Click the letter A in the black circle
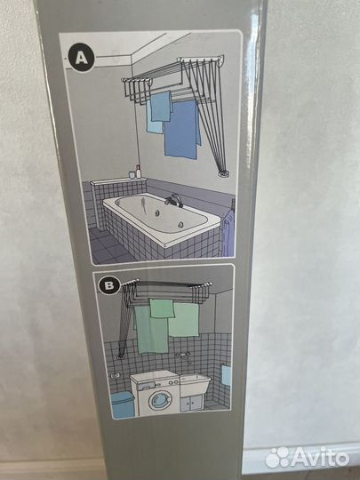point(82,57)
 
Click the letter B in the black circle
point(109,285)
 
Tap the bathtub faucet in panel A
point(173,199)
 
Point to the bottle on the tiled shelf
point(139,172)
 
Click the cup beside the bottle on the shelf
point(132,174)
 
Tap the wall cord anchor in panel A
point(224,173)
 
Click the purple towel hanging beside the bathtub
point(228,233)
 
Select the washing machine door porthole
point(158,400)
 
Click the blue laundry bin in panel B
point(123,404)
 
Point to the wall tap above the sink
point(182,355)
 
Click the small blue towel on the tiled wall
point(227,375)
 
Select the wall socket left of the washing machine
point(115,375)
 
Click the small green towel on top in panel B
point(162,308)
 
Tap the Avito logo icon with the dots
point(277,458)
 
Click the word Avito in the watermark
point(320,458)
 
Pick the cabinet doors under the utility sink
point(191,403)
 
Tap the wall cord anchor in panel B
point(121,356)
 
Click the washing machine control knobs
point(173,382)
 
